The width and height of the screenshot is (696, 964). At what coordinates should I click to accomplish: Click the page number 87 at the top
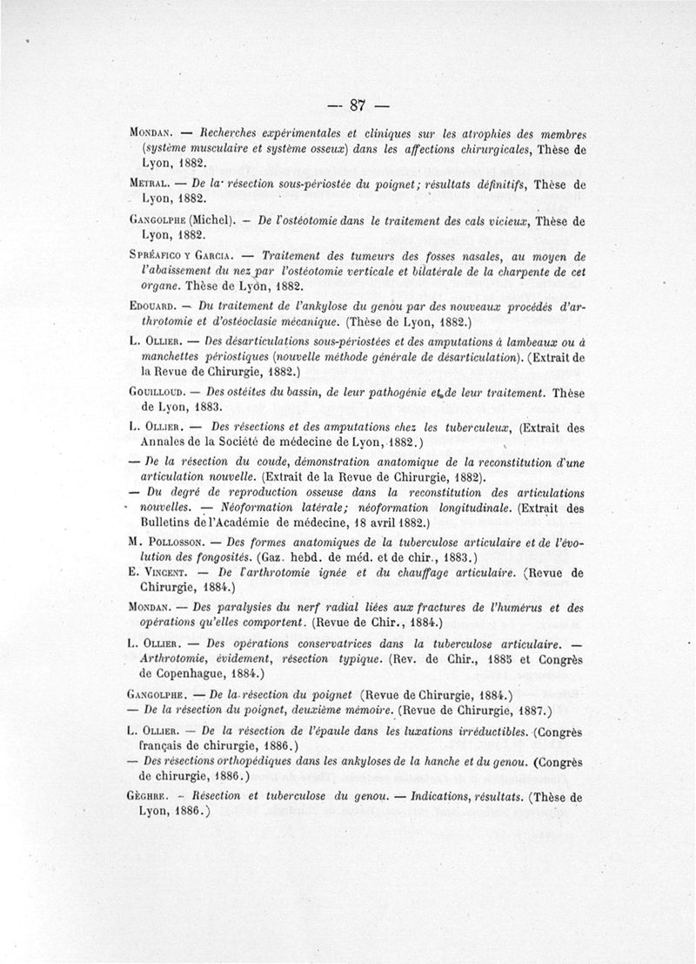click(355, 106)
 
